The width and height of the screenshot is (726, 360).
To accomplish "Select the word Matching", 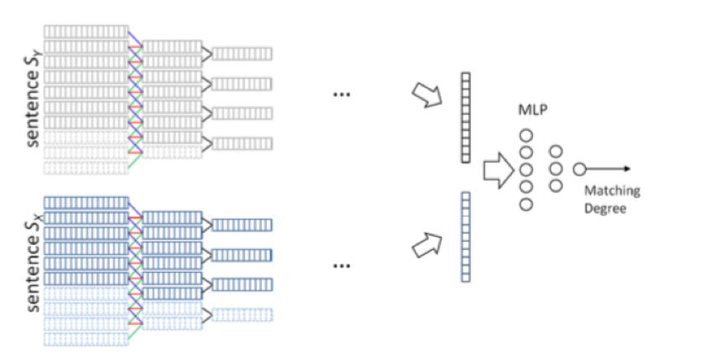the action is [612, 190].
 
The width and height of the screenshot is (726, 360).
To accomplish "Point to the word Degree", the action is [605, 208].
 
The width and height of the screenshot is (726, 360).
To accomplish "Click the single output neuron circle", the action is [579, 169].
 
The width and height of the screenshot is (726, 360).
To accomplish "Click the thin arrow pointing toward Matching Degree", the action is [608, 169].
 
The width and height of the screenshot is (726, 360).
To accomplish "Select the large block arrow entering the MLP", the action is [499, 169].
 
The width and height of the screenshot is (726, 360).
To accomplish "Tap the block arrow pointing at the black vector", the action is [426, 95].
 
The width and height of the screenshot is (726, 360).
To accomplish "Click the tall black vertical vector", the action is [465, 117].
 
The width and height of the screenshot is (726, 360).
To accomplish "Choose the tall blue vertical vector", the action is [465, 237].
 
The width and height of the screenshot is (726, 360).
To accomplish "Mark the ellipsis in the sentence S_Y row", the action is [342, 95].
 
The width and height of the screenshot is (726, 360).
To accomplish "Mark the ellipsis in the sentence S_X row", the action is [342, 266].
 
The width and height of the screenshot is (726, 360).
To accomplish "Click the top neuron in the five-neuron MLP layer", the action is [526, 135].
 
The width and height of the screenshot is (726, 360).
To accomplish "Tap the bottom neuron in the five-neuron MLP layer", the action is [526, 204].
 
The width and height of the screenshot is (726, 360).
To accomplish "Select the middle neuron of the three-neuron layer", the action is [556, 169].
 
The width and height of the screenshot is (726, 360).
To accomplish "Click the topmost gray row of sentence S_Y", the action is [86, 31].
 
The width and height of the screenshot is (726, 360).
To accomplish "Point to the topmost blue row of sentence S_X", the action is [86, 203].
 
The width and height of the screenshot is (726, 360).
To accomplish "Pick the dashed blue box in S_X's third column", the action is [242, 315].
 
